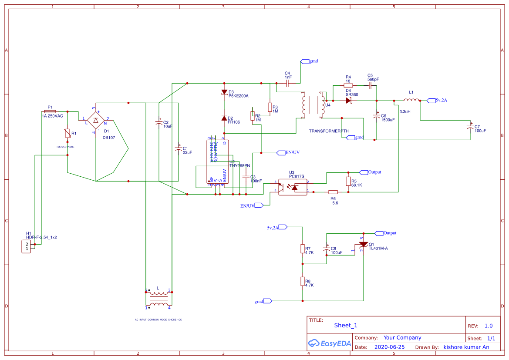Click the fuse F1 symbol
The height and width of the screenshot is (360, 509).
coord(50,112)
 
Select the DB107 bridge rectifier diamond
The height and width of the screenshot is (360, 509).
coord(96,119)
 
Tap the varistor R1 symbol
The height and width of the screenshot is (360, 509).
coord(68,134)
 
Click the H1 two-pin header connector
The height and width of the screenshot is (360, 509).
coord(27,246)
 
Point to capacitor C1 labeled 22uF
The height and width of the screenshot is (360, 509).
coord(178,149)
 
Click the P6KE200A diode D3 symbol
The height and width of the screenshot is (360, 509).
coord(224,92)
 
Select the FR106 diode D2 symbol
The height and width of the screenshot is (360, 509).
coord(224,118)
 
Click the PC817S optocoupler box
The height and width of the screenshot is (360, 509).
coord(292,187)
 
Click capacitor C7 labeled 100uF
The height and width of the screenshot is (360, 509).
coord(470,127)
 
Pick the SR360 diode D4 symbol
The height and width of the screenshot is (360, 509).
coord(348,100)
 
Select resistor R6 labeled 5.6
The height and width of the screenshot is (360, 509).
coord(333,192)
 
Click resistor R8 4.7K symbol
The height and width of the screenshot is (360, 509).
coord(302,281)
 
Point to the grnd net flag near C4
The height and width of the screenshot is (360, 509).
coord(304,61)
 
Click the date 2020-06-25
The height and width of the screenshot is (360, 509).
coord(389,347)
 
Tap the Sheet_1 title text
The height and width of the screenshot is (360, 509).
coord(346,325)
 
